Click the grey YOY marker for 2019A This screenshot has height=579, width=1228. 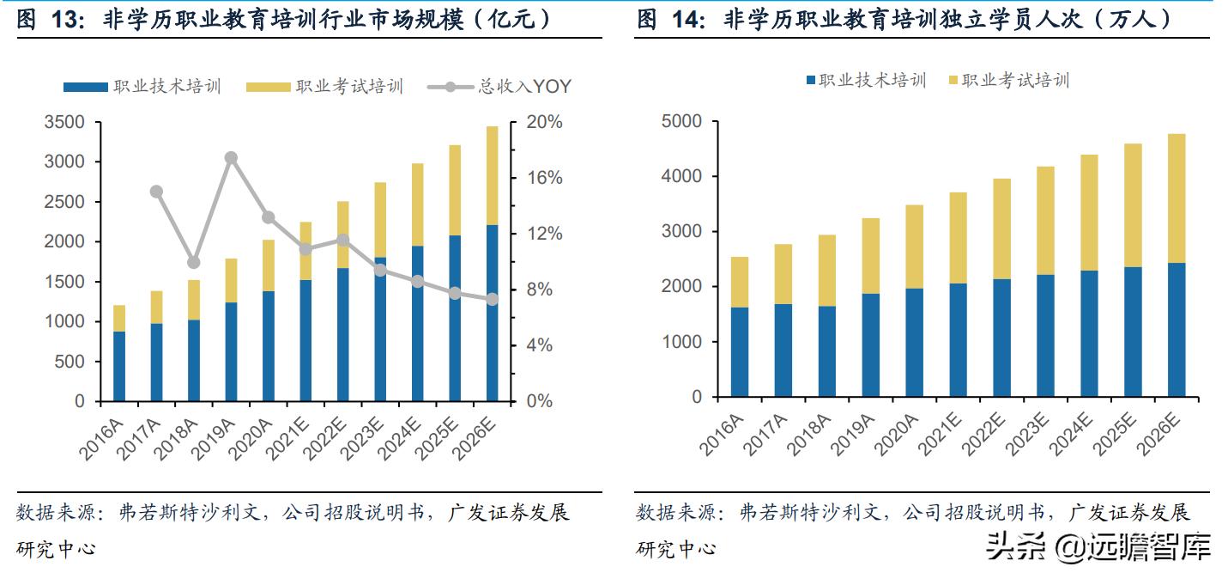231,158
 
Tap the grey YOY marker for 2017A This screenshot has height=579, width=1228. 156,192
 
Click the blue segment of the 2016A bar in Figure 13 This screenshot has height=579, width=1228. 119,366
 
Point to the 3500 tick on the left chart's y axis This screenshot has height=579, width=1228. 64,122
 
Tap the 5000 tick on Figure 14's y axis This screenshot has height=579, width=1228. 682,121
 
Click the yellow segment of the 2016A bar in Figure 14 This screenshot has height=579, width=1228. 740,282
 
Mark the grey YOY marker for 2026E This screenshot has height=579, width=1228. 493,300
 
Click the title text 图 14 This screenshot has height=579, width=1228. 662,19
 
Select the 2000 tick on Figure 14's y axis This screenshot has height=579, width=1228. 682,286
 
